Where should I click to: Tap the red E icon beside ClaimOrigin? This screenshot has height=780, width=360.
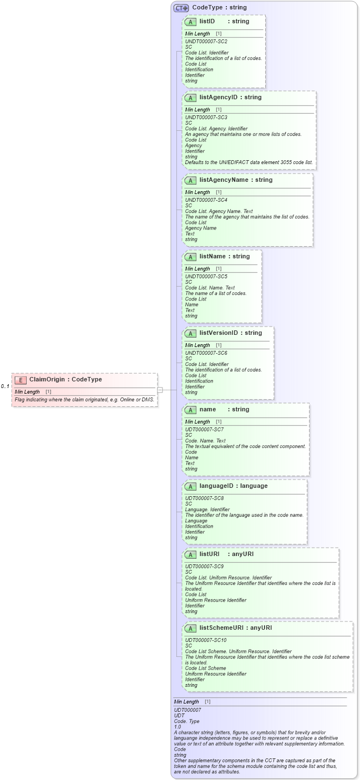(x=21, y=380)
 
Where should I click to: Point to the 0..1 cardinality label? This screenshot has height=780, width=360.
(x=5, y=386)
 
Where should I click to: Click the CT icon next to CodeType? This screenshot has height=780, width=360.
(x=181, y=8)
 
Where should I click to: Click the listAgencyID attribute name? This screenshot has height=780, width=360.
(x=218, y=98)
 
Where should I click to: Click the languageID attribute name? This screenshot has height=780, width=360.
(x=218, y=486)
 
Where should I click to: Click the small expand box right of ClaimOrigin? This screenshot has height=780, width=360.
(x=160, y=390)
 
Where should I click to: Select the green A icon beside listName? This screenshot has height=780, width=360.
(x=190, y=257)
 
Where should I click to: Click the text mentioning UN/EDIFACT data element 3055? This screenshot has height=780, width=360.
(x=249, y=162)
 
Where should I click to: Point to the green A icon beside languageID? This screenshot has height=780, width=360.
(x=190, y=486)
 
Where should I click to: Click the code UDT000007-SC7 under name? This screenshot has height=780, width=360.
(x=204, y=429)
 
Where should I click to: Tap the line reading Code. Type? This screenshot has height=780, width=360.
(x=187, y=721)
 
